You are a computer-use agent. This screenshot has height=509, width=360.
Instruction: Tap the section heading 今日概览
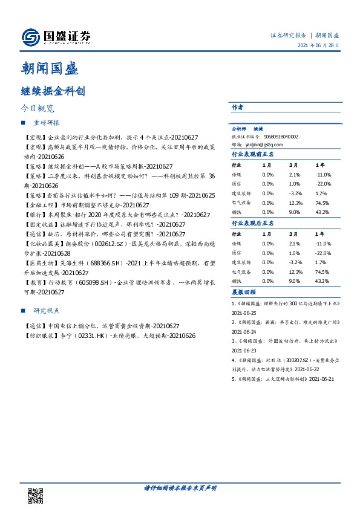coord(37,109)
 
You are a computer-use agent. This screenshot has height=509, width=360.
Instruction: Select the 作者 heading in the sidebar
coord(237,107)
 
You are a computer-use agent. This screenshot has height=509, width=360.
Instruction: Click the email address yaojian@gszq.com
coord(265,145)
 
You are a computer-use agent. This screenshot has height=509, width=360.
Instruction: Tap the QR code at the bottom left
coord(35,494)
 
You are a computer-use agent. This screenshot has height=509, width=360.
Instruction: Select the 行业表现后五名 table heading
coord(253,223)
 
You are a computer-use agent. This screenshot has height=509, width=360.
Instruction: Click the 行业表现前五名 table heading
coord(253,155)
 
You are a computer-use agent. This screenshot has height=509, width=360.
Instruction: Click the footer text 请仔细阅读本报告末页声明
coord(180,488)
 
